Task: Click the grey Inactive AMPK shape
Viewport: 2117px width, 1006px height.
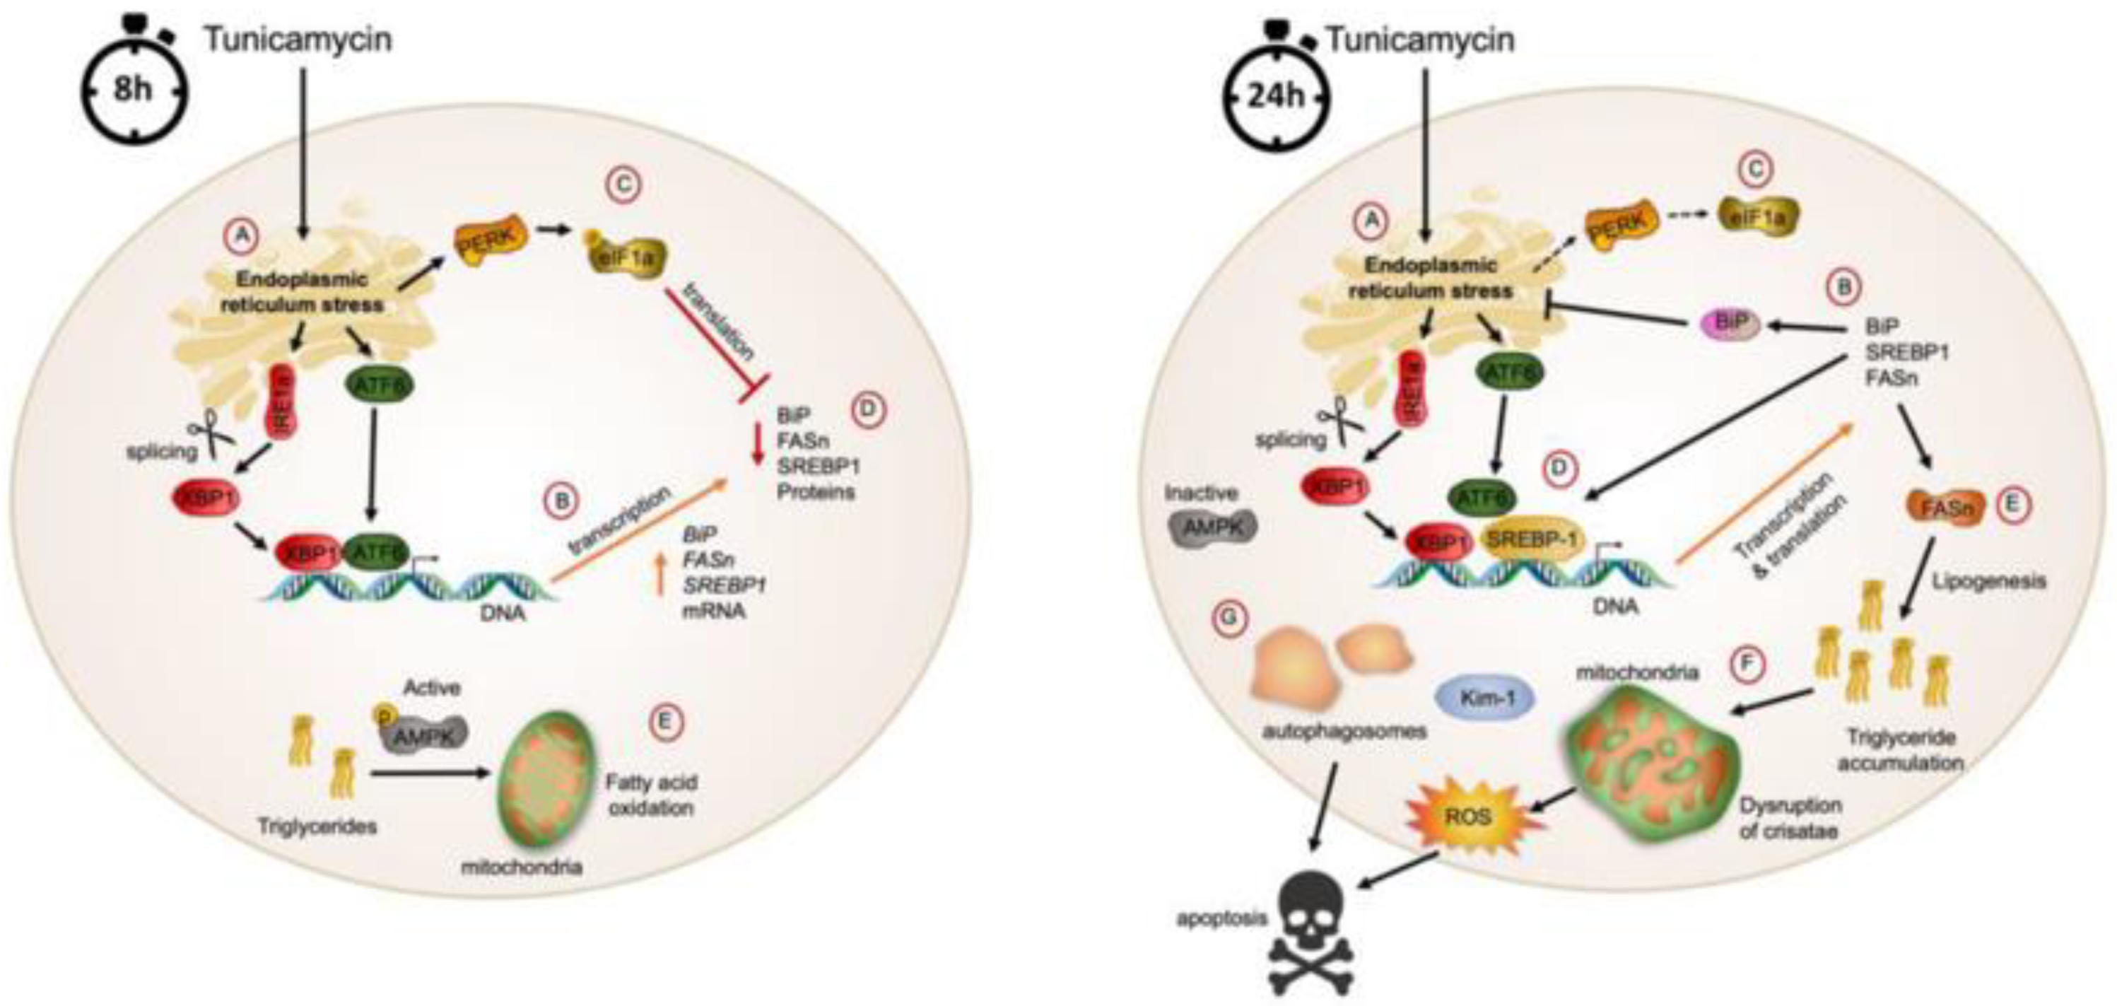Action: click(1212, 530)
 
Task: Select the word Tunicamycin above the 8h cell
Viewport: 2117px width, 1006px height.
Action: click(298, 40)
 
